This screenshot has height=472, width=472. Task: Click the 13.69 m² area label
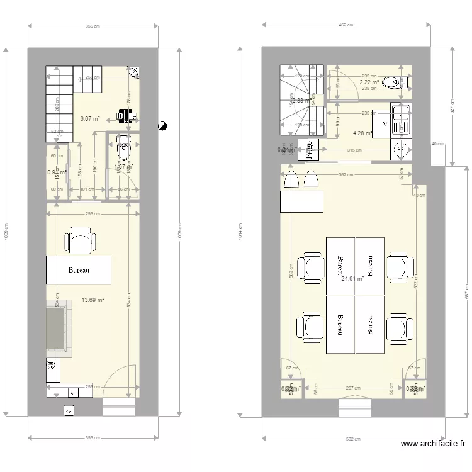(x=93, y=300)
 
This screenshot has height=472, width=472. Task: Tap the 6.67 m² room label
(x=90, y=118)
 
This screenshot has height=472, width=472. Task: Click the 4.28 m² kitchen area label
(x=362, y=133)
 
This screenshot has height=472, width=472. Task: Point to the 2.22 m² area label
(x=369, y=82)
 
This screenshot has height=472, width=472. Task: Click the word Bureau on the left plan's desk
(x=79, y=271)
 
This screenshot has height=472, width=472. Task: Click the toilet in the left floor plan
(x=123, y=151)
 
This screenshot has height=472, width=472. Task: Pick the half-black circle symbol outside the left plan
(x=162, y=125)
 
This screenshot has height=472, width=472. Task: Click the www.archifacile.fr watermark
(x=434, y=444)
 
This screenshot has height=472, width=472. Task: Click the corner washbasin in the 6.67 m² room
(x=133, y=72)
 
